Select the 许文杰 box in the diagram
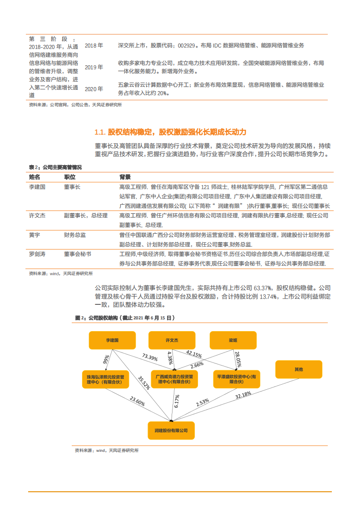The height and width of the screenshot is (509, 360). tap(172, 340)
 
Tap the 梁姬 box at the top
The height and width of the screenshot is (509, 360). tap(233, 340)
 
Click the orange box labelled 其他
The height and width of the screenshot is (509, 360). tap(298, 369)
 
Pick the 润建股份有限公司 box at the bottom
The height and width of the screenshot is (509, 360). tap(171, 430)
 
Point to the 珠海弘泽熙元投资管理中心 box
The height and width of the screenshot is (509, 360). tap(105, 379)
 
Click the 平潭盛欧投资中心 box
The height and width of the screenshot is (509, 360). tap(237, 379)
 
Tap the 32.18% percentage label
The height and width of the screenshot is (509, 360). tap(243, 396)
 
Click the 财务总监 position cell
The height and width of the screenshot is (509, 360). tap(75, 235)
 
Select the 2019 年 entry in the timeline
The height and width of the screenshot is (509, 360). tap(94, 67)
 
